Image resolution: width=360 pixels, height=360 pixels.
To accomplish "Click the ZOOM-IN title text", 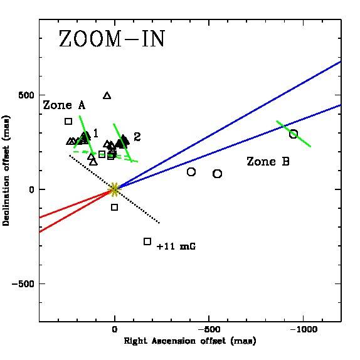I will [x=112, y=39].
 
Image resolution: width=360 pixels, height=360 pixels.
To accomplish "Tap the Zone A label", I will [x=64, y=105].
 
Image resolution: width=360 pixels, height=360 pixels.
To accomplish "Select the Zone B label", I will [x=268, y=162].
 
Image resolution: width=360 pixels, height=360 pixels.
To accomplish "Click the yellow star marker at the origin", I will [x=114, y=189].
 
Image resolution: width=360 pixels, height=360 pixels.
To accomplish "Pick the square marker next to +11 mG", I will [x=147, y=241].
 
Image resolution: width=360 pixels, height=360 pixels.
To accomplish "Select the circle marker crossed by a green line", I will [x=293, y=134].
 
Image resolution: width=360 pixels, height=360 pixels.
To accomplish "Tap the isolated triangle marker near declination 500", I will [x=107, y=95].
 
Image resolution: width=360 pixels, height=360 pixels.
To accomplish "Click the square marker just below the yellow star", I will [x=114, y=207].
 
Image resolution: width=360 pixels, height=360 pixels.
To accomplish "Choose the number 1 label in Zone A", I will [x=95, y=133].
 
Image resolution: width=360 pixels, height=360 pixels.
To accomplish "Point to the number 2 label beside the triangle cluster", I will [x=137, y=136].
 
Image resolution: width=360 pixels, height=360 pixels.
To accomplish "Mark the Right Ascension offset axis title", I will [x=189, y=341].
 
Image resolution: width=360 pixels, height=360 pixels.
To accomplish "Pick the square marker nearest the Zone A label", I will [x=68, y=121].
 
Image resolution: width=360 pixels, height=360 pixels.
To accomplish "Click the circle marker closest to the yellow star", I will [x=191, y=172].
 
